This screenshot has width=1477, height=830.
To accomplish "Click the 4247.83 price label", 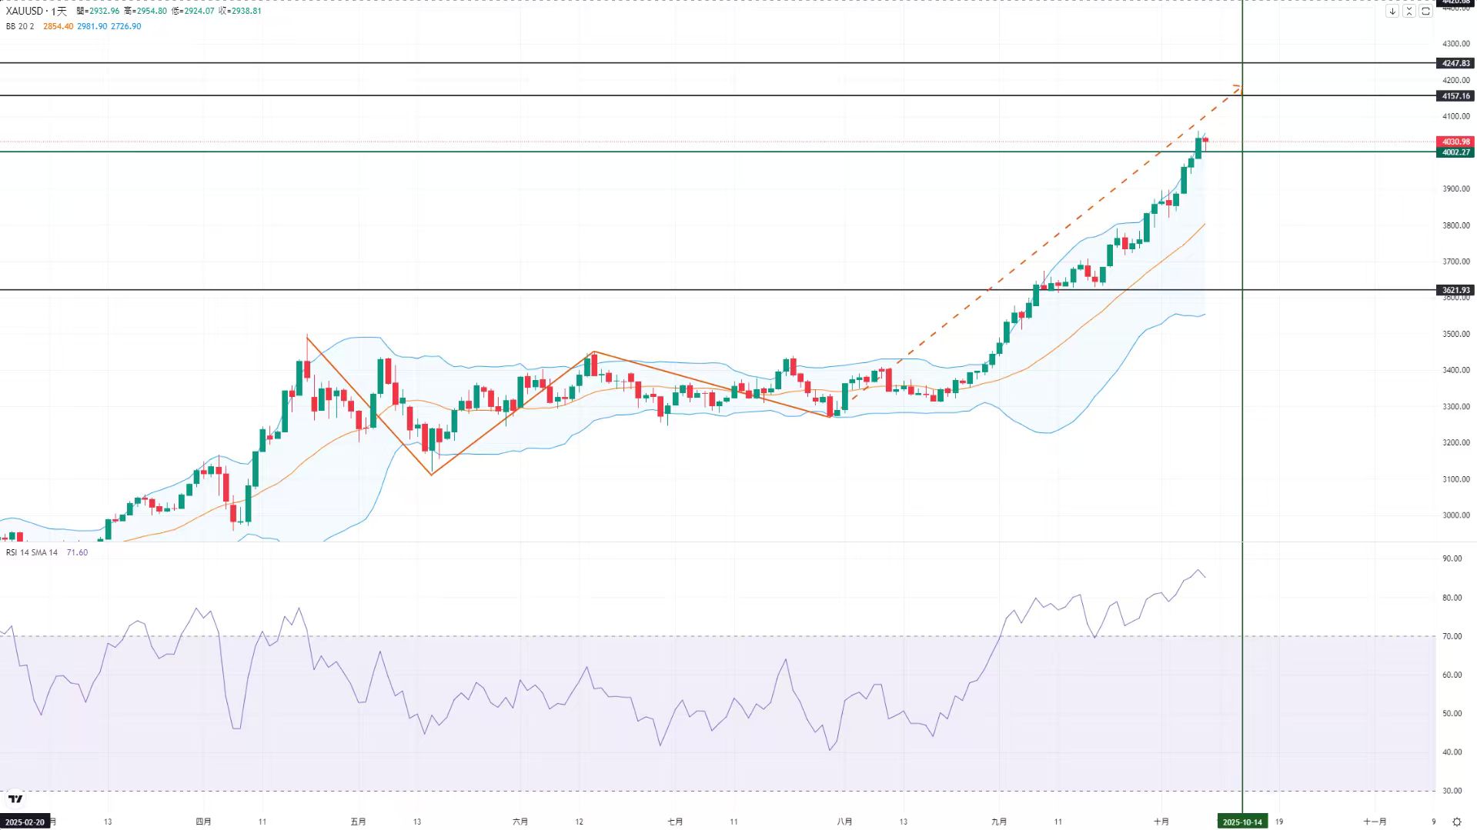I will [1455, 63].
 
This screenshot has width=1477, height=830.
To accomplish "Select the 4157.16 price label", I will [1455, 96].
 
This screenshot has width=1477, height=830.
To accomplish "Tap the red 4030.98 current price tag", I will [1455, 142].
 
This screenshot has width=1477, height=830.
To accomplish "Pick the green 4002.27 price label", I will [1455, 152].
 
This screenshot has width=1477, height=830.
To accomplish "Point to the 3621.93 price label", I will [1455, 290].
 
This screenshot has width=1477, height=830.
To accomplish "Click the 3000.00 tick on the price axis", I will [1455, 515].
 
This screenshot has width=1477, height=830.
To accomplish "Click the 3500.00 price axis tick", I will [1455, 334].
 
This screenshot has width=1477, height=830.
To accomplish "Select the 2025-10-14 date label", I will [1242, 822].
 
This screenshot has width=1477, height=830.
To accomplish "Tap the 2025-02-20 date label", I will [25, 822].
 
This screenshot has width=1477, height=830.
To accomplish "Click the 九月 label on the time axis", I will [999, 822].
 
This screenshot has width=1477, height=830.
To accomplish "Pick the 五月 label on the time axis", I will [358, 822].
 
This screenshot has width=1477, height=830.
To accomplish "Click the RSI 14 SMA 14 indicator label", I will [32, 552].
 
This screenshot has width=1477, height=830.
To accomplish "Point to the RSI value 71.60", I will [77, 552].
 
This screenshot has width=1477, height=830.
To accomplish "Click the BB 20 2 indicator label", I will [20, 26].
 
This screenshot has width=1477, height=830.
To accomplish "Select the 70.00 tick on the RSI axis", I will [1452, 636].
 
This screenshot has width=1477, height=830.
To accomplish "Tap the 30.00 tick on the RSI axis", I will [1452, 791].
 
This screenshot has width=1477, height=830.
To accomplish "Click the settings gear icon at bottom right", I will [1456, 822].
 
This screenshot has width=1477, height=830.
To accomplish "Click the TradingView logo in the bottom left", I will [15, 799].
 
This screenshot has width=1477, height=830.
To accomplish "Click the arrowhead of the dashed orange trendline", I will [1238, 88].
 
